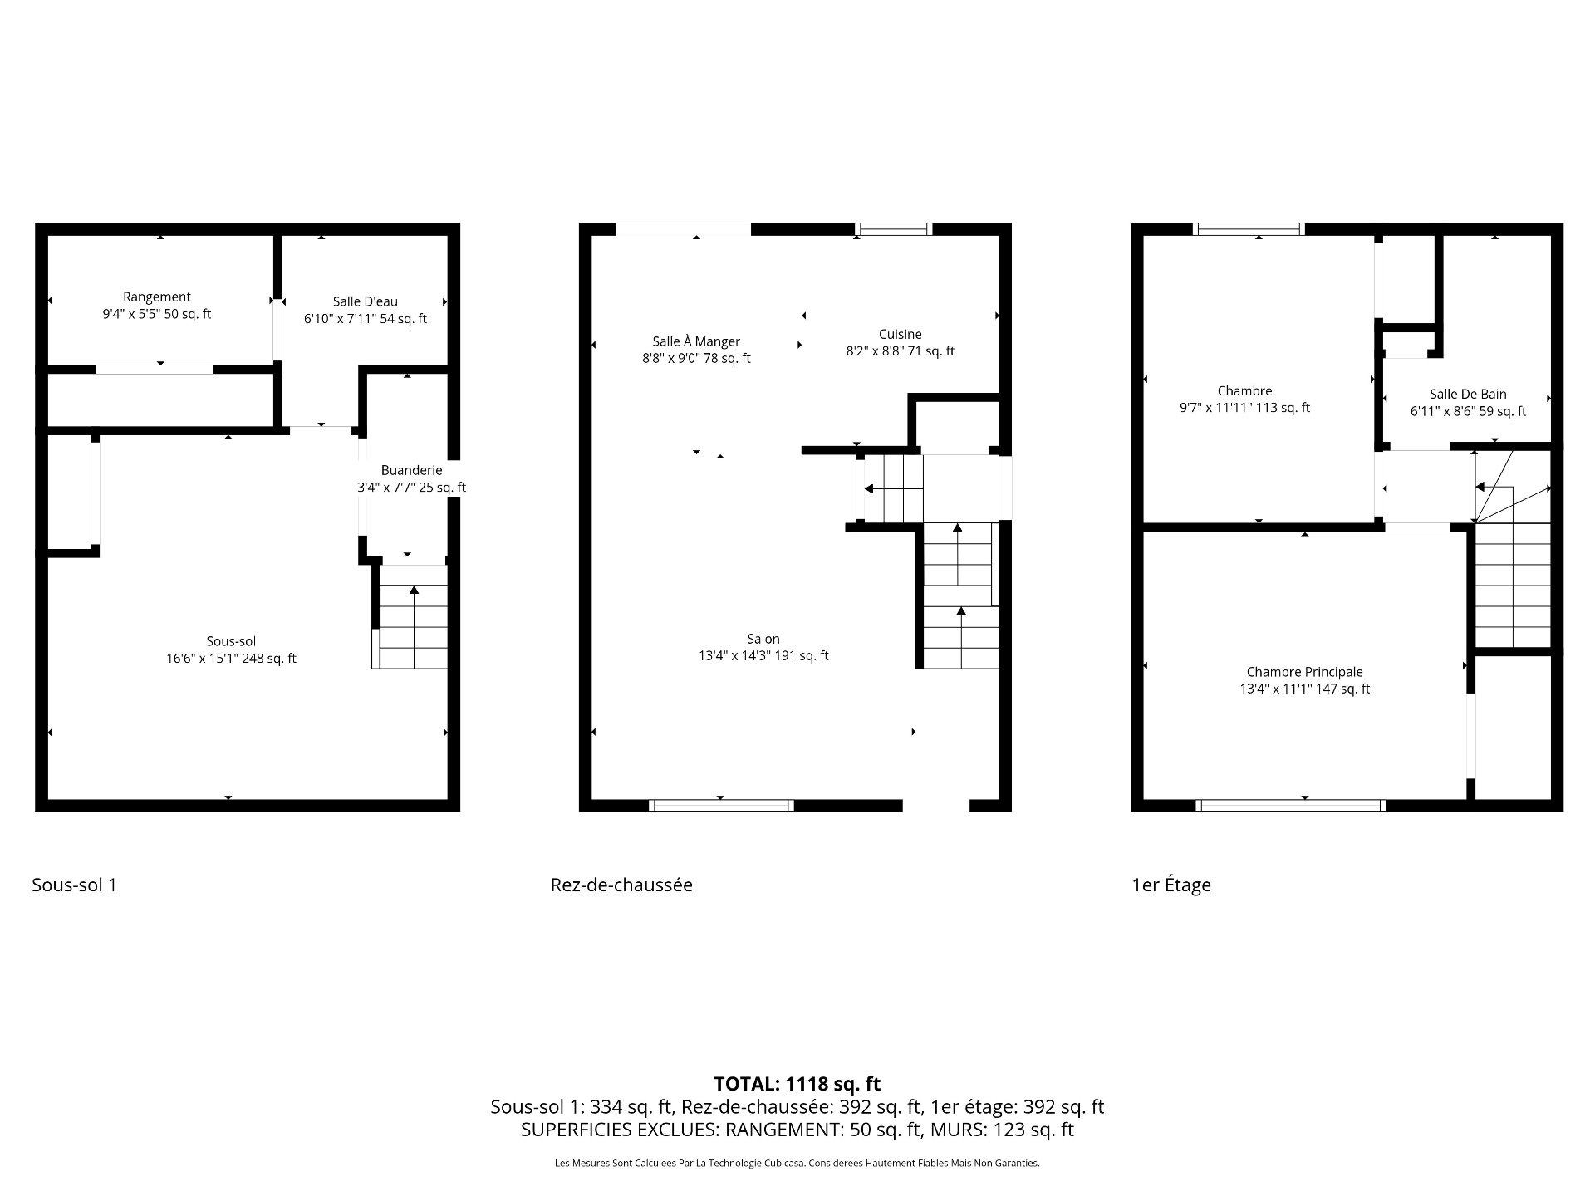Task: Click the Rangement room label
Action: tap(157, 297)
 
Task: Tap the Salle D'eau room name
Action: tap(366, 301)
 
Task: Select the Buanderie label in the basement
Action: tap(412, 471)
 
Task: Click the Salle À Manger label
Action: tap(696, 341)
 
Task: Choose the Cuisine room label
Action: tap(901, 334)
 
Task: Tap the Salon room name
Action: tap(763, 639)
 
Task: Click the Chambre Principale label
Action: tap(1305, 672)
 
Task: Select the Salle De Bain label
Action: tap(1468, 394)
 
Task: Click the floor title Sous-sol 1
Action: tap(74, 885)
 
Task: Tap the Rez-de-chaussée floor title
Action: tap(621, 885)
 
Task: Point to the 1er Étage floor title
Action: tap(1171, 885)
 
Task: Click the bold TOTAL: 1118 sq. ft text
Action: tap(797, 1083)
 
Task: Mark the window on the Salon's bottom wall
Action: tap(721, 805)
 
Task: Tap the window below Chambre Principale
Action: tap(1291, 805)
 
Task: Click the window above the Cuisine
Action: tap(894, 229)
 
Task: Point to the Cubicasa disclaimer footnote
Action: tap(797, 1164)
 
